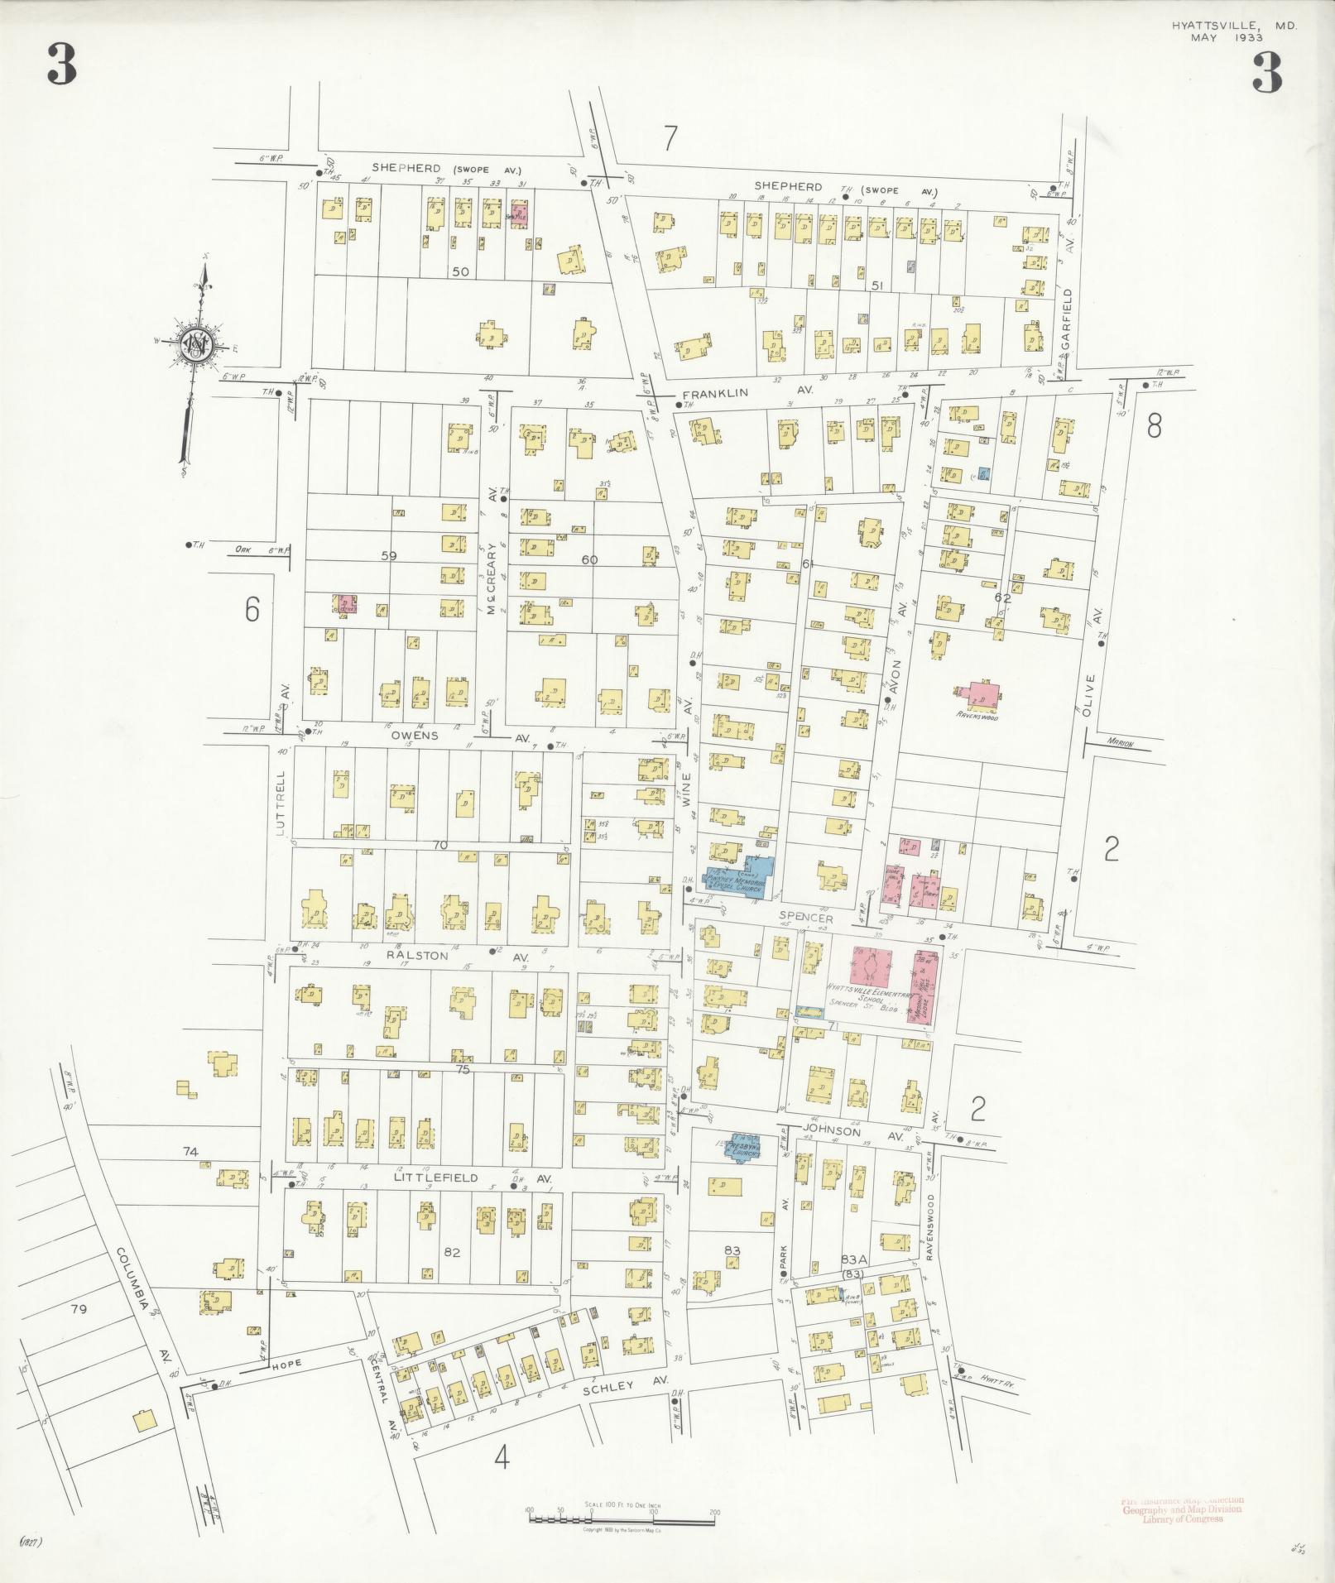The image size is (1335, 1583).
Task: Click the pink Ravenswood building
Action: pyautogui.click(x=979, y=695)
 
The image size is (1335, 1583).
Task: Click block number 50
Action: pyautogui.click(x=460, y=271)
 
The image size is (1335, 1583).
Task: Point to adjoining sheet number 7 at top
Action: pyautogui.click(x=670, y=138)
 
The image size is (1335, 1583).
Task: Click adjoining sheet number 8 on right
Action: pyautogui.click(x=1154, y=426)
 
